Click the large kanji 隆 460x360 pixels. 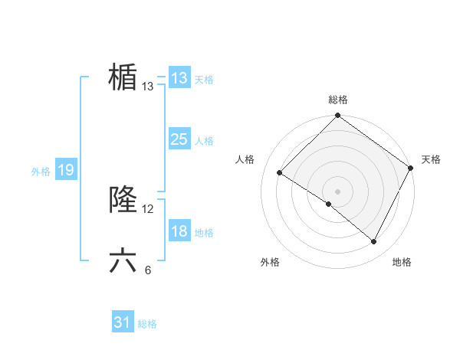(x=123, y=200)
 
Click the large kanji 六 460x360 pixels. (x=123, y=261)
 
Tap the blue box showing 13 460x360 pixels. (x=179, y=78)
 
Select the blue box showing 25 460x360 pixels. (x=179, y=139)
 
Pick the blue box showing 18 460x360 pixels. (x=179, y=231)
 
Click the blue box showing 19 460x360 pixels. (x=65, y=170)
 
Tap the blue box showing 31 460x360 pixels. (x=123, y=322)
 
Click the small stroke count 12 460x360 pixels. (x=148, y=208)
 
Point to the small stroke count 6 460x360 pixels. (x=148, y=270)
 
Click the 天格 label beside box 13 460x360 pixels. (x=204, y=80)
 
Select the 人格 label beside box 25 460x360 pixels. (x=204, y=141)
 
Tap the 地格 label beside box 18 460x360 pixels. (x=204, y=233)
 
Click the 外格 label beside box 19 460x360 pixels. (x=41, y=172)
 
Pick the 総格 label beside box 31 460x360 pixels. (x=147, y=324)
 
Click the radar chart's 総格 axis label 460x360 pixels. (x=337, y=100)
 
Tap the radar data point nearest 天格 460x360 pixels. (x=411, y=168)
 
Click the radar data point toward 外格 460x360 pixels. (x=329, y=205)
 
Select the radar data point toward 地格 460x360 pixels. (x=374, y=242)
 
